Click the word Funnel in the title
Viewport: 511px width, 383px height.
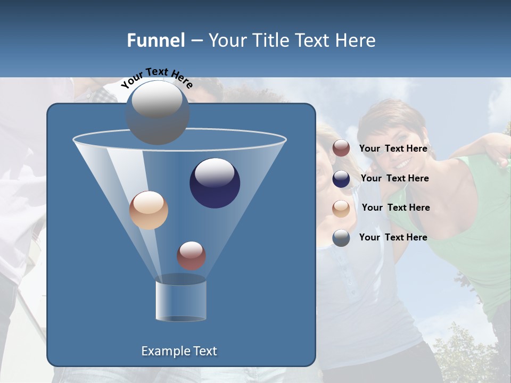[156, 40]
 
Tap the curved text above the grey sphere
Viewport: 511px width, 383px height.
[156, 78]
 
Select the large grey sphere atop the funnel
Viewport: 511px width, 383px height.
[158, 113]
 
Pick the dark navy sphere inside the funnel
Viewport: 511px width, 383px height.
[215, 183]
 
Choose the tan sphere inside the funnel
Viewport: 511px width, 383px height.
[149, 210]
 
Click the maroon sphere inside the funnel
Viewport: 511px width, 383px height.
[192, 255]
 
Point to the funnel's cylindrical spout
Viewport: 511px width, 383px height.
[181, 301]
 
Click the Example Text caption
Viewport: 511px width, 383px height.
[179, 351]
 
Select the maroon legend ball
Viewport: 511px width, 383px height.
[341, 148]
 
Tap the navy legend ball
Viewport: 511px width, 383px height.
[341, 179]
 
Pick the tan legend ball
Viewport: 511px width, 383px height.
[341, 208]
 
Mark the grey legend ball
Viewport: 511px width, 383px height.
[341, 238]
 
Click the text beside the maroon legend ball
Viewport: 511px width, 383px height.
[393, 149]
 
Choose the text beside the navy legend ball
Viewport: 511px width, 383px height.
[394, 179]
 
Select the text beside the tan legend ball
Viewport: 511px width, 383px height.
[395, 208]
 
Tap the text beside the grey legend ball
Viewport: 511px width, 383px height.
[393, 237]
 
